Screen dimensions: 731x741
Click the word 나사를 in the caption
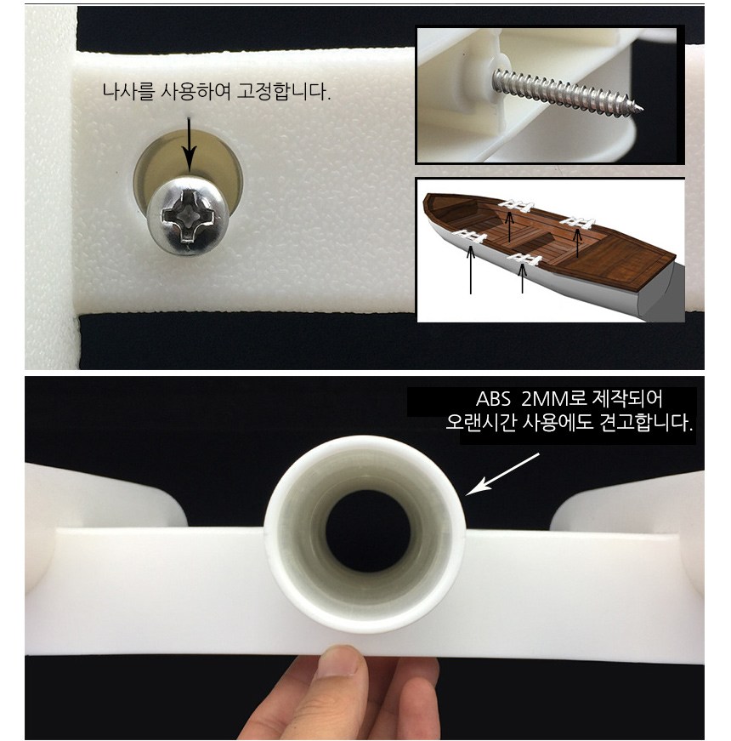[128, 91]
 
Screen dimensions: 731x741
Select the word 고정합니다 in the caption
[283, 91]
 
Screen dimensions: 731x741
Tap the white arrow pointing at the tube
[502, 474]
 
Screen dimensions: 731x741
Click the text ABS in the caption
[493, 399]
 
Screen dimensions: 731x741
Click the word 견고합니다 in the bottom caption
[646, 422]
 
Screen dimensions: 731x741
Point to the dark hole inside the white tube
[368, 531]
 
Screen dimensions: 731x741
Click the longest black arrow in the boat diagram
[470, 270]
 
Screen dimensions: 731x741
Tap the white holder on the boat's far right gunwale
[577, 223]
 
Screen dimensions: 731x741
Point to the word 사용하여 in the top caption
[195, 91]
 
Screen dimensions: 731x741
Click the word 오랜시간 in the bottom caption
[481, 422]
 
